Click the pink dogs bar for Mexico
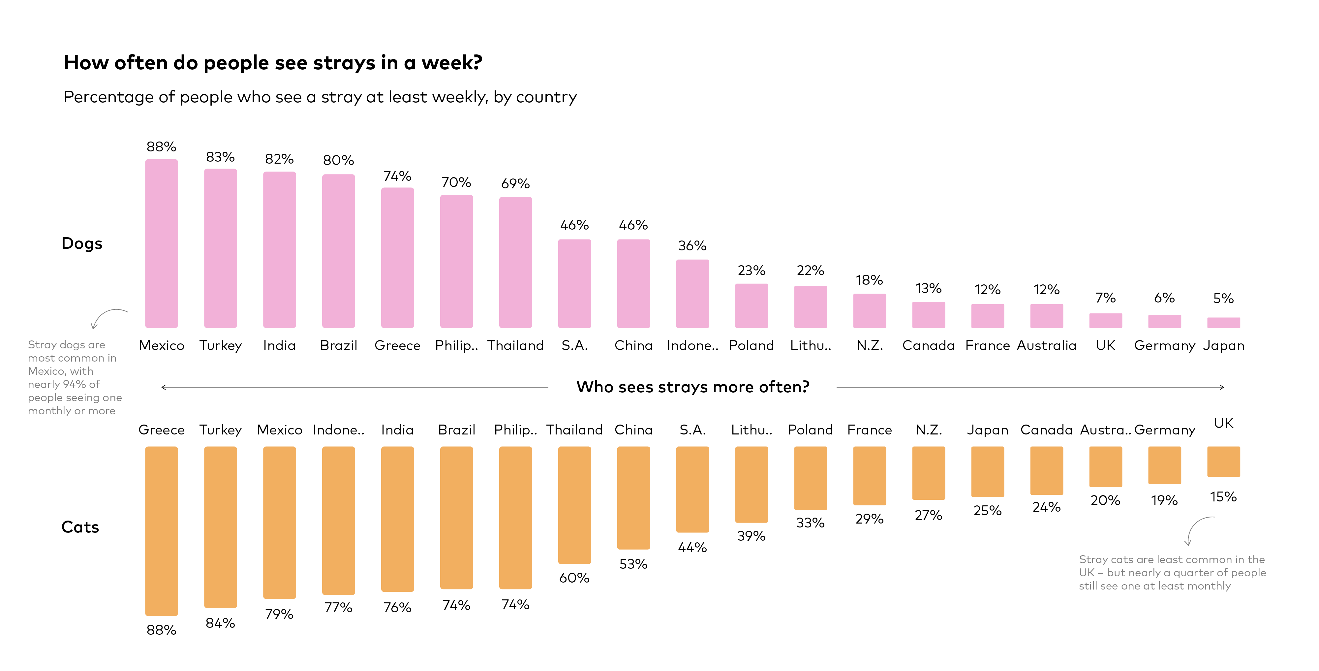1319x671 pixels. tap(161, 243)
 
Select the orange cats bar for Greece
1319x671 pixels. tap(161, 531)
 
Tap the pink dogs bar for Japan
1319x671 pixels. tap(1223, 323)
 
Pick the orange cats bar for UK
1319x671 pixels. tap(1223, 462)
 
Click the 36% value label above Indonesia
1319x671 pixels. tap(692, 246)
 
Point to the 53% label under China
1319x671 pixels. tap(633, 564)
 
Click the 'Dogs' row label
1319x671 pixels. tap(82, 243)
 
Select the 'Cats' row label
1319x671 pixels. tap(80, 527)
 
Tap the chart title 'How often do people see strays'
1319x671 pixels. tap(273, 62)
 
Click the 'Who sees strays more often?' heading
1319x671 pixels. tap(692, 387)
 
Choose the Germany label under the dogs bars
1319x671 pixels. tap(1164, 346)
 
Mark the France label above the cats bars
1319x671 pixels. tap(870, 430)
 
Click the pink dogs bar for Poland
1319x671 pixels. tap(751, 306)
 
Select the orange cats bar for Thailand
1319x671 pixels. tap(574, 505)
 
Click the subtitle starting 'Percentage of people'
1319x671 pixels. tap(320, 97)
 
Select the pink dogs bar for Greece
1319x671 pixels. tap(397, 258)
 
